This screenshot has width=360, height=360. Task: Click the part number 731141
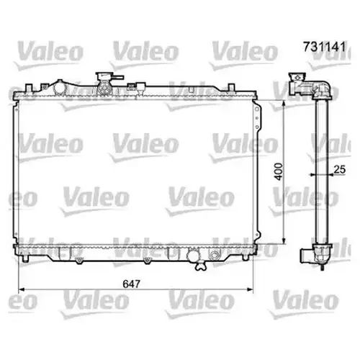coord(325,47)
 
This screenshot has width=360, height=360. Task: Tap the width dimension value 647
coord(131,284)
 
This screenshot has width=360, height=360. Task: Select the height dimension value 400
coord(279,171)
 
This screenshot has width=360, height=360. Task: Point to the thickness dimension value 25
coord(340,169)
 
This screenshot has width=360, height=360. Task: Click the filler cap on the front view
coord(104,77)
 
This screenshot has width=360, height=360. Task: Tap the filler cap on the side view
coord(297,77)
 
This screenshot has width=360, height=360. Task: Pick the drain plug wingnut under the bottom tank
coord(201,266)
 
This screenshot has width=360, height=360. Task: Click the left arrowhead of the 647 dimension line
coord(22,289)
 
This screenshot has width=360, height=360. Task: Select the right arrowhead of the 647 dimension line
coord(250,289)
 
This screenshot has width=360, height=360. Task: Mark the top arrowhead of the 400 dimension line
coord(284,104)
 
